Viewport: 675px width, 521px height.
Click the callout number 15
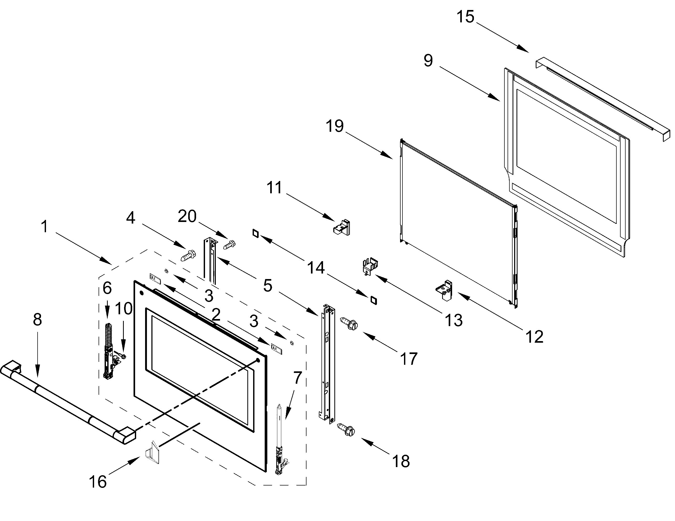pyautogui.click(x=466, y=17)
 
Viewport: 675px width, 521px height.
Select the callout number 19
pyautogui.click(x=335, y=126)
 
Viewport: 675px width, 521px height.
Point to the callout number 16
pyautogui.click(x=98, y=482)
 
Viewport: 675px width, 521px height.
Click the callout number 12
pyautogui.click(x=534, y=336)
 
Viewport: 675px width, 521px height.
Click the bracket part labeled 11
pyautogui.click(x=342, y=227)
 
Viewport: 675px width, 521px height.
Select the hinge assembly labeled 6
pyautogui.click(x=108, y=351)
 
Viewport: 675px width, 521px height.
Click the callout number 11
pyautogui.click(x=274, y=188)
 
